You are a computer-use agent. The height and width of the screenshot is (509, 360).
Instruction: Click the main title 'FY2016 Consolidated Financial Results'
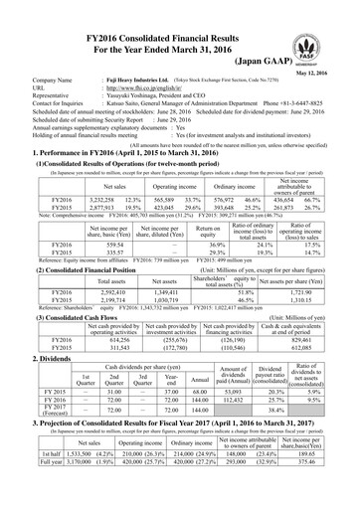click(x=180, y=11)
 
